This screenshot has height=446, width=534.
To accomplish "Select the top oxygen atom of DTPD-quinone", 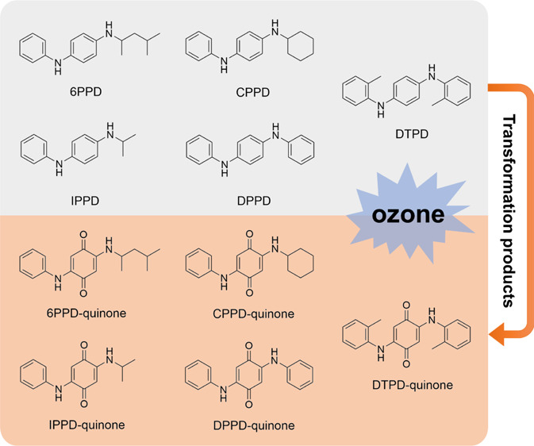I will (x=409, y=304).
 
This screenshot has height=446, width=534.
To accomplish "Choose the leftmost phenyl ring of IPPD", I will (x=36, y=145).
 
